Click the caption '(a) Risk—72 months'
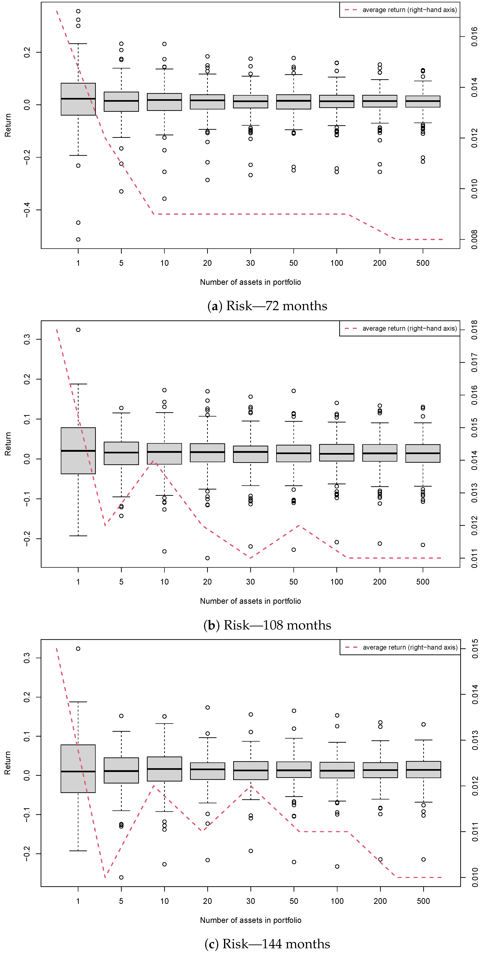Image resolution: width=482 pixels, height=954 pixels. (267, 306)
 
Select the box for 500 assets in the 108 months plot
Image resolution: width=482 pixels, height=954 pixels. (423, 453)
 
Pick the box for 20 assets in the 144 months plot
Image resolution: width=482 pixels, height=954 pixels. (207, 771)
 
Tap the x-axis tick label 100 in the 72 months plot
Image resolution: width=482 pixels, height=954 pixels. (336, 263)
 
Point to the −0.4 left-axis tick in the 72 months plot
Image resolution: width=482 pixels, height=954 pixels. (27, 210)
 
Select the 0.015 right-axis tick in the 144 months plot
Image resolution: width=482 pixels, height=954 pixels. (475, 649)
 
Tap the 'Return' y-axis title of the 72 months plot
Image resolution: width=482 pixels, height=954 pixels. (8, 125)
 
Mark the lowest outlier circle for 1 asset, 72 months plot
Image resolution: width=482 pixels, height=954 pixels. (78, 239)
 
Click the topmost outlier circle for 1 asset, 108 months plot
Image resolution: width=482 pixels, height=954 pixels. (78, 330)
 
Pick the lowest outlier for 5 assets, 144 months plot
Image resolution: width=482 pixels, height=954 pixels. (121, 877)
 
